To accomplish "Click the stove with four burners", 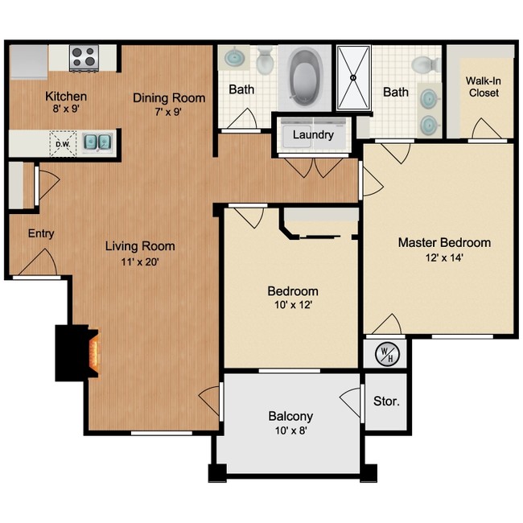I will (83, 57).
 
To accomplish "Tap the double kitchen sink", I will (98, 143).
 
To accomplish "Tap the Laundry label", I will (312, 134).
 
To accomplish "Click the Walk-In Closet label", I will (483, 87).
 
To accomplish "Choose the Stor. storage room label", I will (386, 400).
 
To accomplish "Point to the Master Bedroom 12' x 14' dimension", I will (444, 257).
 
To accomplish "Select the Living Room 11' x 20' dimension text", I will (140, 261).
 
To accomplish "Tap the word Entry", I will (41, 234).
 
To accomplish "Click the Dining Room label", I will (169, 98).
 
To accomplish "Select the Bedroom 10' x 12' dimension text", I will (292, 306).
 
